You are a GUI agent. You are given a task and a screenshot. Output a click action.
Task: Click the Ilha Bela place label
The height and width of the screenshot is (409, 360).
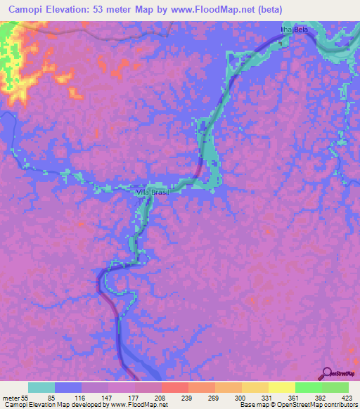295,30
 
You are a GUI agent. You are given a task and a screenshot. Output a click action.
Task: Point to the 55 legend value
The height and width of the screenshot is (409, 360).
25,398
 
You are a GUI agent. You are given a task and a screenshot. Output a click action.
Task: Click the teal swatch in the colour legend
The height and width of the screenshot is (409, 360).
41,388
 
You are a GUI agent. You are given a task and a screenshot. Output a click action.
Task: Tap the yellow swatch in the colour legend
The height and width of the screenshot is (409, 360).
281,388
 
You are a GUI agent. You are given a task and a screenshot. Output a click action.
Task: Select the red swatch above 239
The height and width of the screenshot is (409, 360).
174,388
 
